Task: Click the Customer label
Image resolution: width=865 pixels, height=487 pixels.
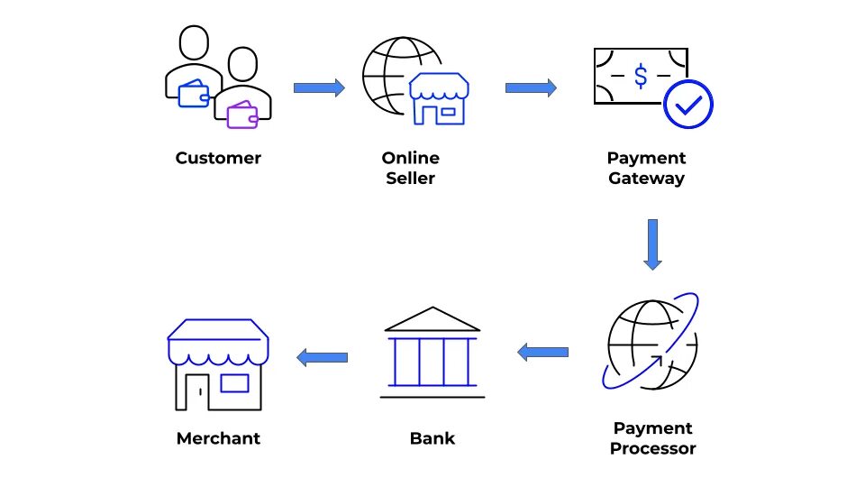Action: click(x=218, y=159)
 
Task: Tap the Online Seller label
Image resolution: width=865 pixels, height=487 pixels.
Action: click(x=410, y=169)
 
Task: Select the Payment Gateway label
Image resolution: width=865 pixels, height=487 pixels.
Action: click(x=646, y=169)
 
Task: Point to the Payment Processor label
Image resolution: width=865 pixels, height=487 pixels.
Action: click(x=652, y=438)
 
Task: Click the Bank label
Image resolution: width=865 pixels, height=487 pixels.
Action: click(x=432, y=439)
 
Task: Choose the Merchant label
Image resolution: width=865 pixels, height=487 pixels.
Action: click(x=218, y=439)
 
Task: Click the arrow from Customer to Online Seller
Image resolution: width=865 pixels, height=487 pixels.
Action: click(x=319, y=87)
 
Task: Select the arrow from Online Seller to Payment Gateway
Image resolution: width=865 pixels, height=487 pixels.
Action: click(x=531, y=87)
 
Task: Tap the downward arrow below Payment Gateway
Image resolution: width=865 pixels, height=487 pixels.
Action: click(x=652, y=243)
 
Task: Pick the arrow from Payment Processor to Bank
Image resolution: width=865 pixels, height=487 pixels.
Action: click(x=542, y=352)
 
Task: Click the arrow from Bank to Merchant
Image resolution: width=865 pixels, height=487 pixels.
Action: click(x=323, y=358)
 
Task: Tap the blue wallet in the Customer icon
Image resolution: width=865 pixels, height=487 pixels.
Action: click(x=194, y=94)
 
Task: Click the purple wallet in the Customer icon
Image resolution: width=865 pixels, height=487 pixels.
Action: click(x=242, y=115)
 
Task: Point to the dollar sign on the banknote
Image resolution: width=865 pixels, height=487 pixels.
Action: click(x=640, y=77)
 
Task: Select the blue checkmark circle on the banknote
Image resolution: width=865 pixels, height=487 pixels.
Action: click(x=687, y=106)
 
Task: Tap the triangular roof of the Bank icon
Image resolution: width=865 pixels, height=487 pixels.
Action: click(x=432, y=318)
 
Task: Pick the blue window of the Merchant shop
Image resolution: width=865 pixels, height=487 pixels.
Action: click(x=234, y=383)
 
